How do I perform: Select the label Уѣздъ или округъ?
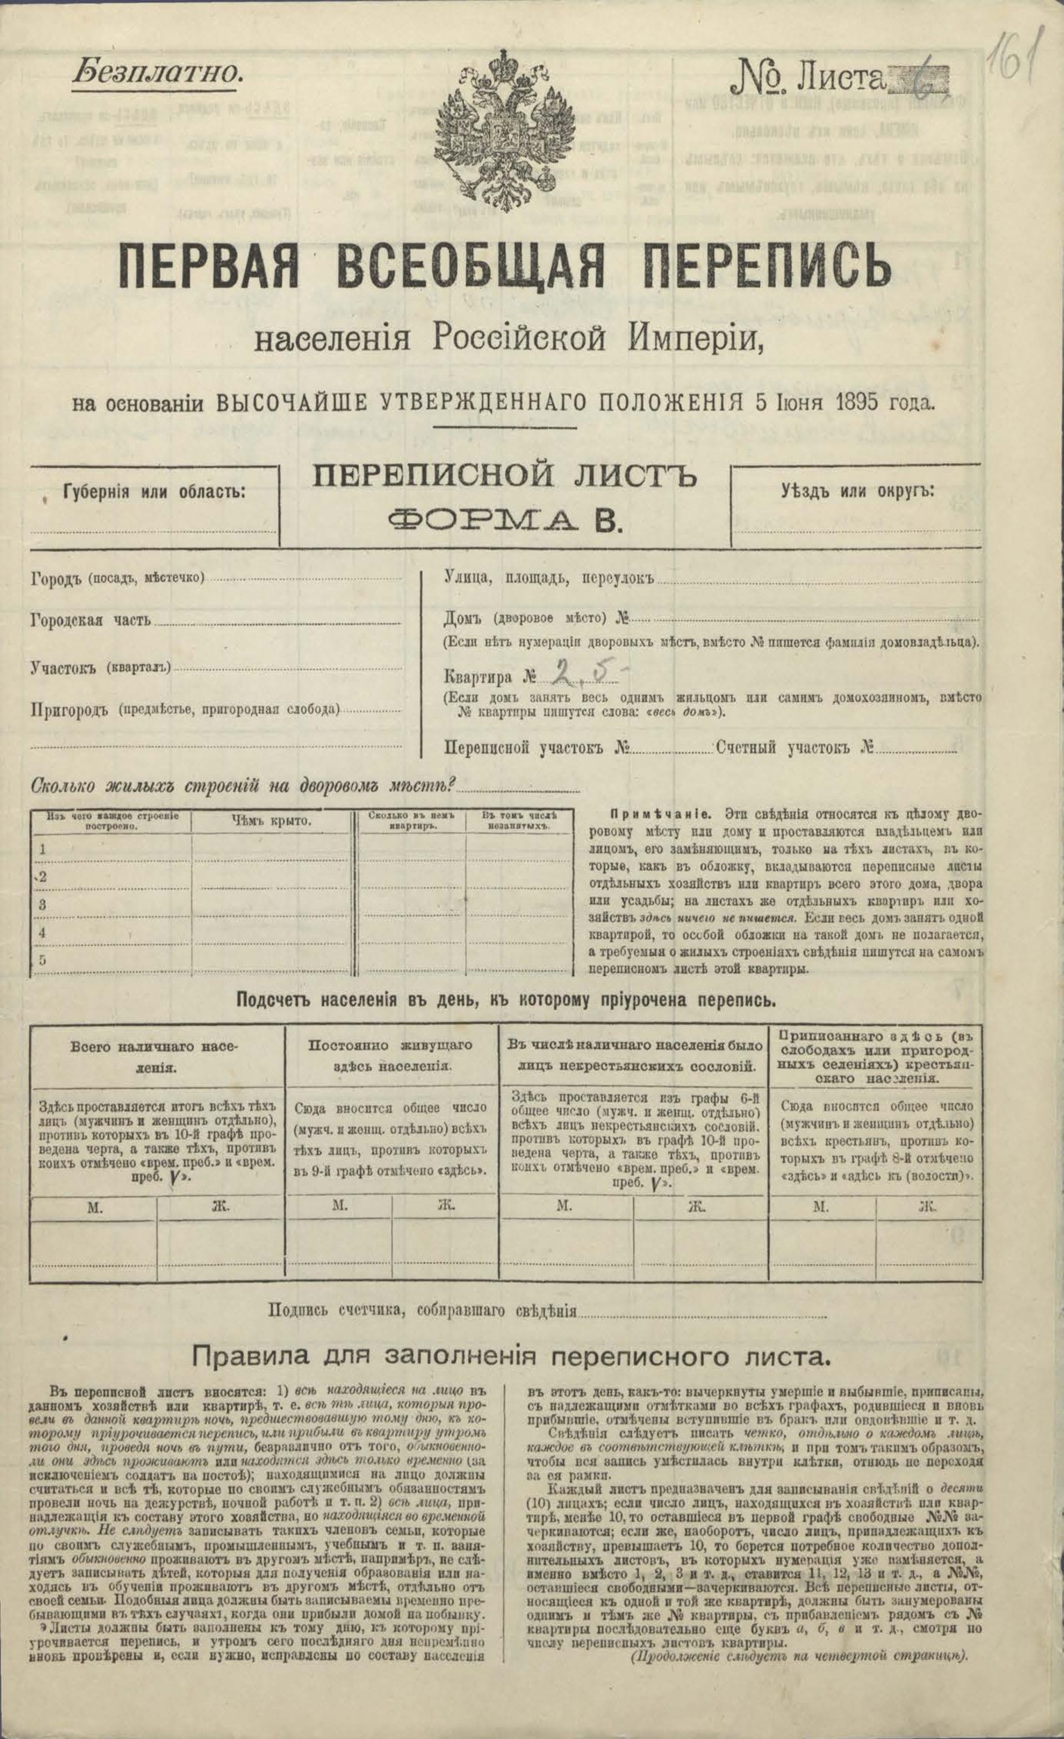click(857, 489)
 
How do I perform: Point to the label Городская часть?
click(91, 621)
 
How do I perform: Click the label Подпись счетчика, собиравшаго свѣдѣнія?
click(422, 1291)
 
